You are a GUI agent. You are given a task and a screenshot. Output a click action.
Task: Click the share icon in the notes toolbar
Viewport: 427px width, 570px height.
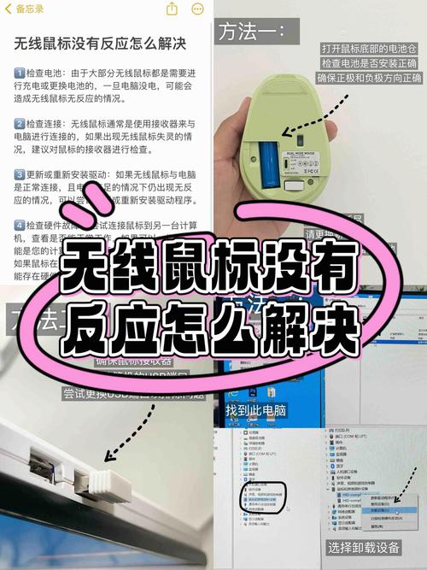173,9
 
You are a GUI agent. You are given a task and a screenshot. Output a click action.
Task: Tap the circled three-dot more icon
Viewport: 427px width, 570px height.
198,9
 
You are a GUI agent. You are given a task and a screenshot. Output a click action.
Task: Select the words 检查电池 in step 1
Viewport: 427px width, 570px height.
44,73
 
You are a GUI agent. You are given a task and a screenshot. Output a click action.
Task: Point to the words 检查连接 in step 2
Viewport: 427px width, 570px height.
44,124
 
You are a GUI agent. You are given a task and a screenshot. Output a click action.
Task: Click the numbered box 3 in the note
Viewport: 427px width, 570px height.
20,174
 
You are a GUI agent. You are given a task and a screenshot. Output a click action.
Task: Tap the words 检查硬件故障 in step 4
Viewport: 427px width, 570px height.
50,225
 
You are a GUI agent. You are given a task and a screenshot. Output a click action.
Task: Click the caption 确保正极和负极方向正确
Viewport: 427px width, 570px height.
371,79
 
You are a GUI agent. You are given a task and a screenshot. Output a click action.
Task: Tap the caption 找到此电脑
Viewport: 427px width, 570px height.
256,411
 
